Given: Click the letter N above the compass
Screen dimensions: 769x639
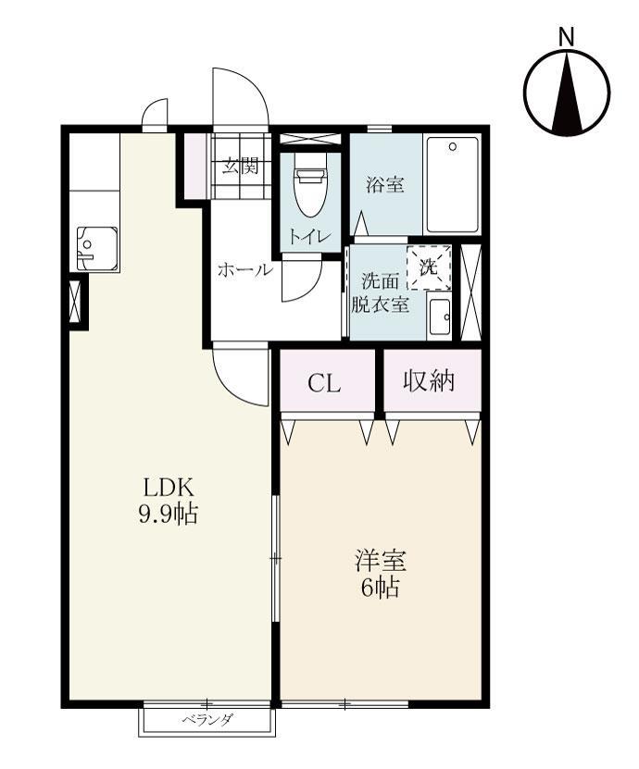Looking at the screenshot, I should coord(567,37).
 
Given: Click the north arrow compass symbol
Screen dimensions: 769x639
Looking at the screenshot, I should coord(567,93).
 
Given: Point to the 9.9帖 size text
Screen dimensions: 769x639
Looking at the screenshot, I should coord(168,515).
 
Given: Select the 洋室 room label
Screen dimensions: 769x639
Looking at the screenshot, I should coord(381,560).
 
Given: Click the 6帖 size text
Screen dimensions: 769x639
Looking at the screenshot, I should coord(381,588).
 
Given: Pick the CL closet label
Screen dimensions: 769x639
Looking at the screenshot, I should coord(325,382).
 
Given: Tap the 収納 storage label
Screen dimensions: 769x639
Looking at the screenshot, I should coord(430,381).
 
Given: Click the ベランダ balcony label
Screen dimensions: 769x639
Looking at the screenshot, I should coord(207,721).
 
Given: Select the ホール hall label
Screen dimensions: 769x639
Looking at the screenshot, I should coord(244,270).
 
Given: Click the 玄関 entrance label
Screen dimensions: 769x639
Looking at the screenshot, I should coord(241,168).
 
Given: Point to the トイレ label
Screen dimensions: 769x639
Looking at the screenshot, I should coord(308,236).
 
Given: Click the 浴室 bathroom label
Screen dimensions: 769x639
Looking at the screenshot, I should coord(384,185).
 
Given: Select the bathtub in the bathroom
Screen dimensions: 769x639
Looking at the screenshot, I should coord(452,185).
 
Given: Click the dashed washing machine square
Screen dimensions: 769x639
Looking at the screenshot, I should coord(430,268).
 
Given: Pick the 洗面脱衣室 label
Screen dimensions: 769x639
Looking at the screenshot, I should coord(380,293).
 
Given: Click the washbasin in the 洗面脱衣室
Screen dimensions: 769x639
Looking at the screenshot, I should coord(440,317).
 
